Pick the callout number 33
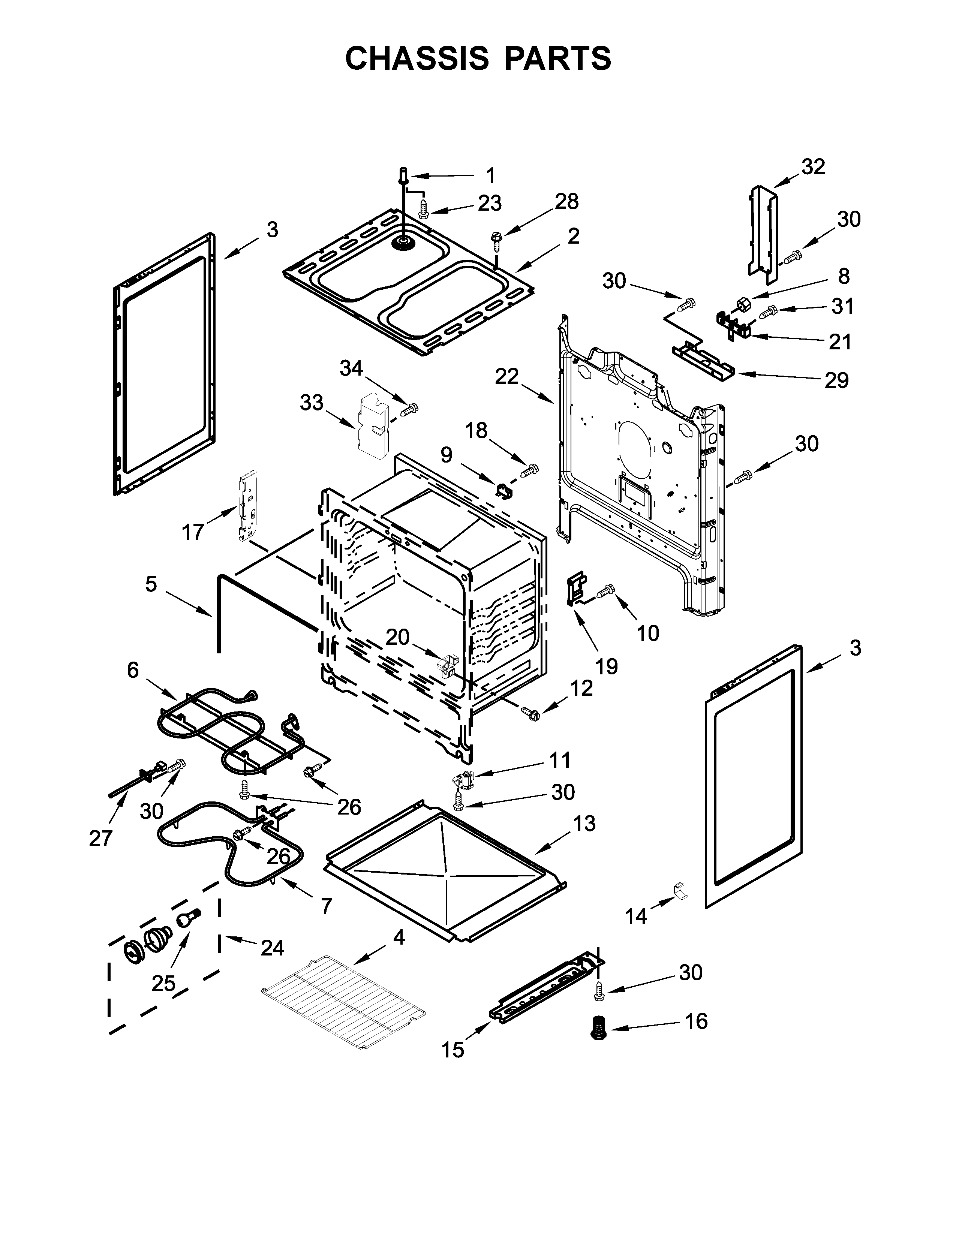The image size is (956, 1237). (x=312, y=403)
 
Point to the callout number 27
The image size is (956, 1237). (x=101, y=838)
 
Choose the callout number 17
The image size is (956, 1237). (x=193, y=532)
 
